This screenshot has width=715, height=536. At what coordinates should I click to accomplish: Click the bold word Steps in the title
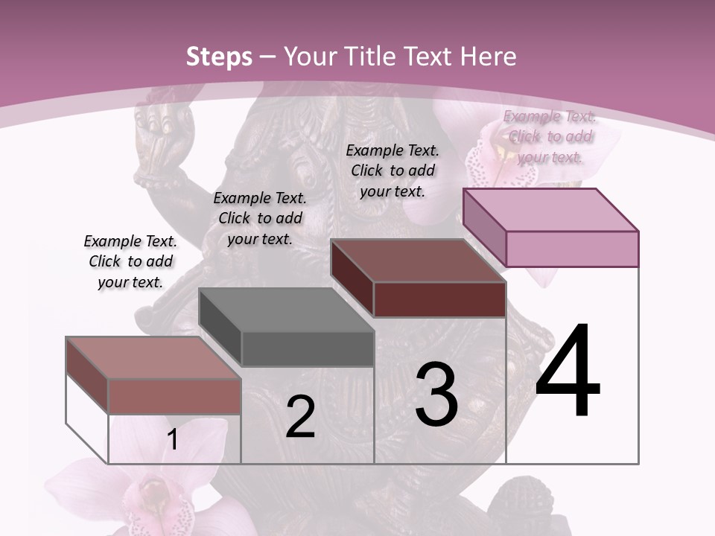tap(219, 57)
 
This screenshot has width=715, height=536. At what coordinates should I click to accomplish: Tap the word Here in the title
tap(489, 57)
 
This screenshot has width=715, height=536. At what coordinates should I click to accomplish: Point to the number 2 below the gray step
tap(300, 417)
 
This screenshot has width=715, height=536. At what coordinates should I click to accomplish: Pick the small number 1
tap(173, 440)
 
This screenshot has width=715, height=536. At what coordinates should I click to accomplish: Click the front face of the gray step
tap(308, 349)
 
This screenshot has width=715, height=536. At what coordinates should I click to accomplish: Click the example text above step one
tap(130, 261)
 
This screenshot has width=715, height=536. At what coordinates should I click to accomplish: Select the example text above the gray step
tap(260, 218)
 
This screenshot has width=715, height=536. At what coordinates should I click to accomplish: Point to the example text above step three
tap(393, 170)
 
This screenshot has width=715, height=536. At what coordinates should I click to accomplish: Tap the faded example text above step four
tap(550, 136)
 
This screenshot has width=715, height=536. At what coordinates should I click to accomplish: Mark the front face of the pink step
tap(572, 249)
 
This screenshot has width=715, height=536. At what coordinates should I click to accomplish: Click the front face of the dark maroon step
tap(439, 300)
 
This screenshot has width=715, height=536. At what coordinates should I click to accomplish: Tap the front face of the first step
tap(174, 396)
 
